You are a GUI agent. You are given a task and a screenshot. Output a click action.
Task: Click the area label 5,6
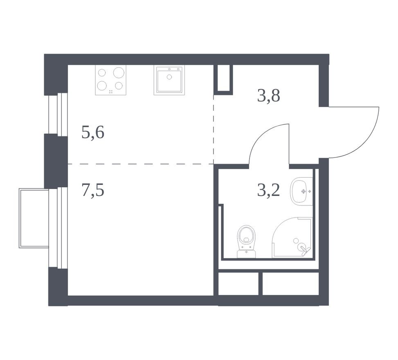93,133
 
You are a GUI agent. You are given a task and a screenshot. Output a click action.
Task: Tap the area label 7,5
93,191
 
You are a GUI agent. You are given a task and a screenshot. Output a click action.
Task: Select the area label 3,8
269,96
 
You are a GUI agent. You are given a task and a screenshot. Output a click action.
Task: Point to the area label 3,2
269,191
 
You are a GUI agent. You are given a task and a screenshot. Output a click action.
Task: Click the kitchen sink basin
169,81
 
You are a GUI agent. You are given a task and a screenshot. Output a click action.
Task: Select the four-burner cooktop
111,80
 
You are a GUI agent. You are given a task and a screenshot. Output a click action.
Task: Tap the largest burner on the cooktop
119,73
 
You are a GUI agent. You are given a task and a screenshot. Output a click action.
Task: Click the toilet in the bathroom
246,241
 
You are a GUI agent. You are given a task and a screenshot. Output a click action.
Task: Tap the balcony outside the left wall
34,218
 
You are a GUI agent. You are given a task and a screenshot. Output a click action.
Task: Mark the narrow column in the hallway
223,79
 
